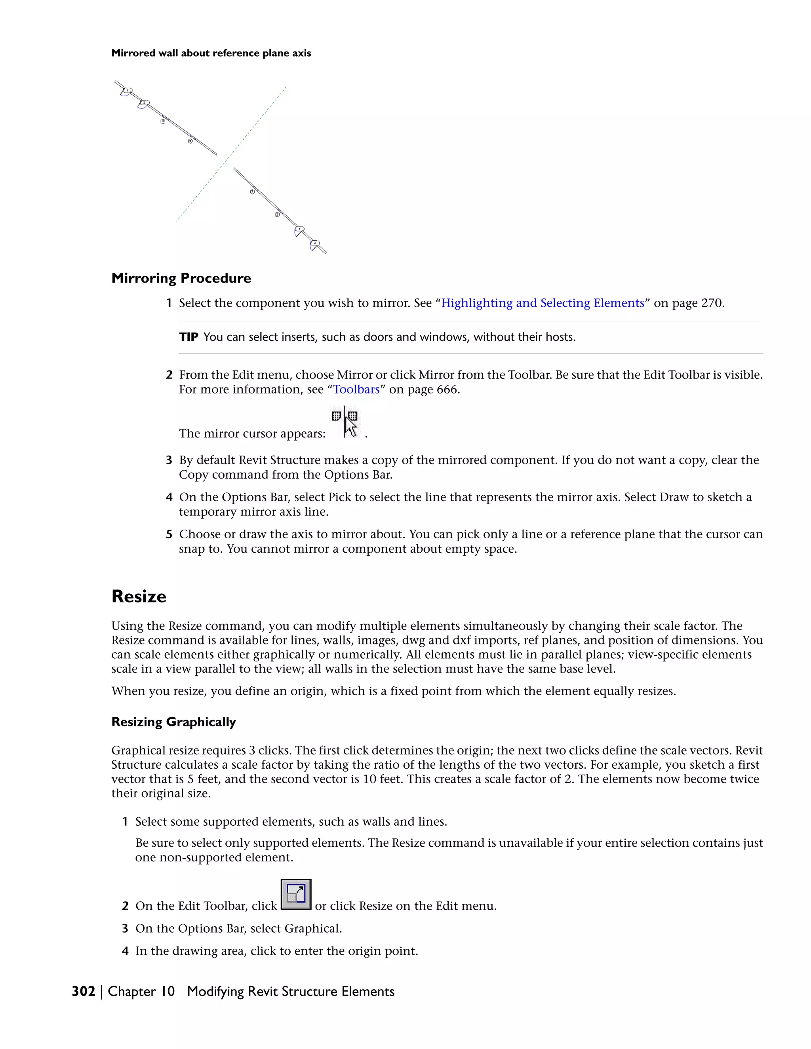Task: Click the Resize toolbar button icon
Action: pyautogui.click(x=295, y=894)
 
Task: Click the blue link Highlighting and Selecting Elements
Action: pyautogui.click(x=543, y=303)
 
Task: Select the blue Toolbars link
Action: pyautogui.click(x=356, y=390)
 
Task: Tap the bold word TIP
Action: pyautogui.click(x=188, y=337)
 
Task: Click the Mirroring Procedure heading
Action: pyautogui.click(x=181, y=278)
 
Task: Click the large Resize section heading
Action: pyautogui.click(x=139, y=596)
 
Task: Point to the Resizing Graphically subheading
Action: pyautogui.click(x=173, y=722)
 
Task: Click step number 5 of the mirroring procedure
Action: pyautogui.click(x=169, y=534)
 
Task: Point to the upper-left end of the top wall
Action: pyautogui.click(x=116, y=82)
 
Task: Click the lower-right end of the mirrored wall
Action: pyautogui.click(x=325, y=253)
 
